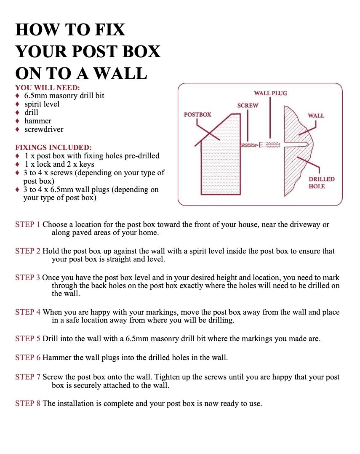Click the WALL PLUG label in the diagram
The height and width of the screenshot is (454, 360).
pos(270,93)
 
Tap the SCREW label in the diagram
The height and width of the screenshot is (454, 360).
pos(248,105)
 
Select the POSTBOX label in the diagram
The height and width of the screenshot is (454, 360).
pos(197,115)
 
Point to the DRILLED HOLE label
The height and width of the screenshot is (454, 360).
pos(321,182)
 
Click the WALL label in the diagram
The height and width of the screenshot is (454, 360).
pos(316,115)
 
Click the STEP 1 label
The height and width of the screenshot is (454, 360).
pos(28,224)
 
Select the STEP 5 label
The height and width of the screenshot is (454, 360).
pos(28,339)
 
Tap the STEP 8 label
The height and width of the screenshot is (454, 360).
pos(28,403)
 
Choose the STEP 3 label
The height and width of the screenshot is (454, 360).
pos(28,278)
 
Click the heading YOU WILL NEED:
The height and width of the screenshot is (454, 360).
pos(47,88)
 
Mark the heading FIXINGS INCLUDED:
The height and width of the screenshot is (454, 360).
pos(53,147)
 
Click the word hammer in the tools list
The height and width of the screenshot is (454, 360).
pos(38,121)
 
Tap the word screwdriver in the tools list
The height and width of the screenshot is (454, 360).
pos(44,129)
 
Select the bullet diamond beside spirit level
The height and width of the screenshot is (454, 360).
pos(17,104)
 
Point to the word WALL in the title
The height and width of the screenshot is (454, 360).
pos(120,74)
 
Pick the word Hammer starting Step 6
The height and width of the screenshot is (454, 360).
pos(57,358)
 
